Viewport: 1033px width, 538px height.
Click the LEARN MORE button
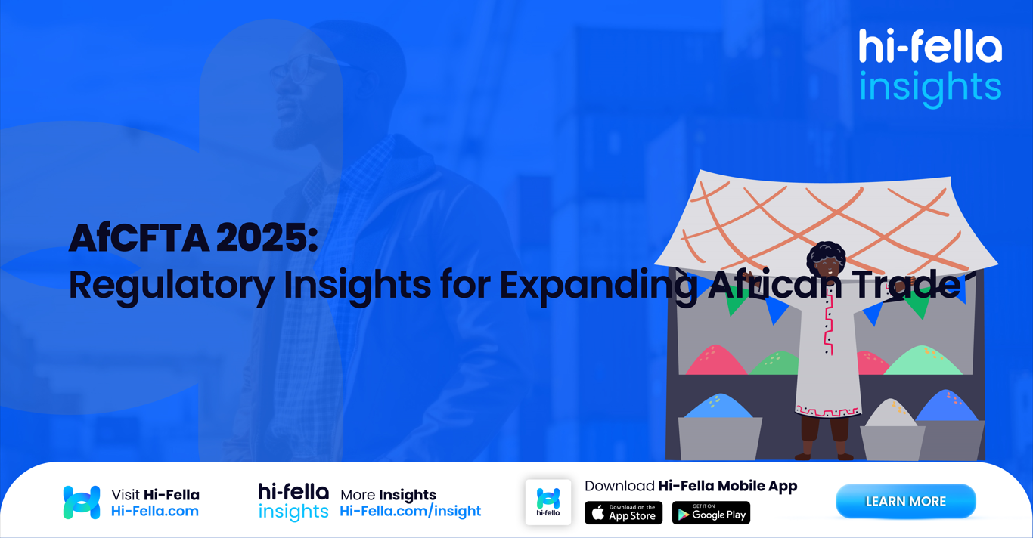pos(905,502)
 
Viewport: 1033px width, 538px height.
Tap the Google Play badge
pos(711,513)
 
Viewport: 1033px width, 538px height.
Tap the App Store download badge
pos(623,513)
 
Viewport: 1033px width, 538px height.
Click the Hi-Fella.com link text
pos(155,512)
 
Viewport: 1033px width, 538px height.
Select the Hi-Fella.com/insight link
pos(410,512)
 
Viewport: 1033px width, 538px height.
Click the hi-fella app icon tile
pos(548,502)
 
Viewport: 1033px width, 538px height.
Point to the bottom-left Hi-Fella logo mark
pos(82,502)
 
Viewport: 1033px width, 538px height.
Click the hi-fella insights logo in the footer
pos(293,502)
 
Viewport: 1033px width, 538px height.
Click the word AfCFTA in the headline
pos(138,239)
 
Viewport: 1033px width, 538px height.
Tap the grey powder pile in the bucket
pos(891,414)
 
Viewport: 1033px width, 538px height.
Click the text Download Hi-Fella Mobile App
pos(690,486)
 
